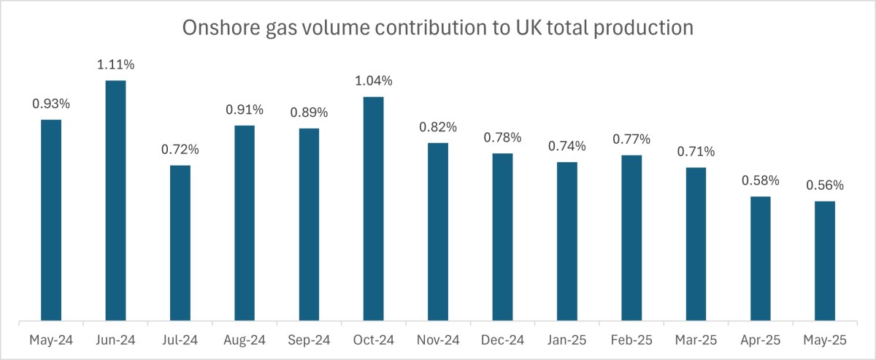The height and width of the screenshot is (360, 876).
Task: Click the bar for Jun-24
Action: tap(115, 201)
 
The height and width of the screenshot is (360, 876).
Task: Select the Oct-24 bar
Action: tap(374, 209)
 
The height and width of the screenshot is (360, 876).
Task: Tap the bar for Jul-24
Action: tap(180, 243)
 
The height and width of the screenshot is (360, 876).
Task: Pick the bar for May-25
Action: tap(825, 261)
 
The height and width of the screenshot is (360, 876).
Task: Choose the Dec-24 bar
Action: tap(502, 237)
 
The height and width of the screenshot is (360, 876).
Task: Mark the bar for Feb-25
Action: tap(631, 238)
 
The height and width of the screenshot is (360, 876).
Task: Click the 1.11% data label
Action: tap(115, 66)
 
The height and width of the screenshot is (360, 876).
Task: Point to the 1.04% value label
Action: tap(374, 81)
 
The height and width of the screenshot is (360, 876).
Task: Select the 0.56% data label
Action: tap(825, 185)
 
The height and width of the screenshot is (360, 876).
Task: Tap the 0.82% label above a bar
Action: tap(438, 127)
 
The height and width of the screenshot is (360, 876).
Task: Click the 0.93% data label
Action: tap(51, 104)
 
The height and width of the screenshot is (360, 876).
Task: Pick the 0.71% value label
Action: tap(696, 152)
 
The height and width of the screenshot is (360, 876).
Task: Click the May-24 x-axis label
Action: tap(51, 340)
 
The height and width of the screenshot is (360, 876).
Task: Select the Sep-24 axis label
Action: tap(309, 340)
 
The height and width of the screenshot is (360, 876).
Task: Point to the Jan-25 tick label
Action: tap(567, 340)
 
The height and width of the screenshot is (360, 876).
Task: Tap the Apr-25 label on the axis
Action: tap(761, 340)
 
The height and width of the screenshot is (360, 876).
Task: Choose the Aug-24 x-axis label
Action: tap(245, 340)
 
